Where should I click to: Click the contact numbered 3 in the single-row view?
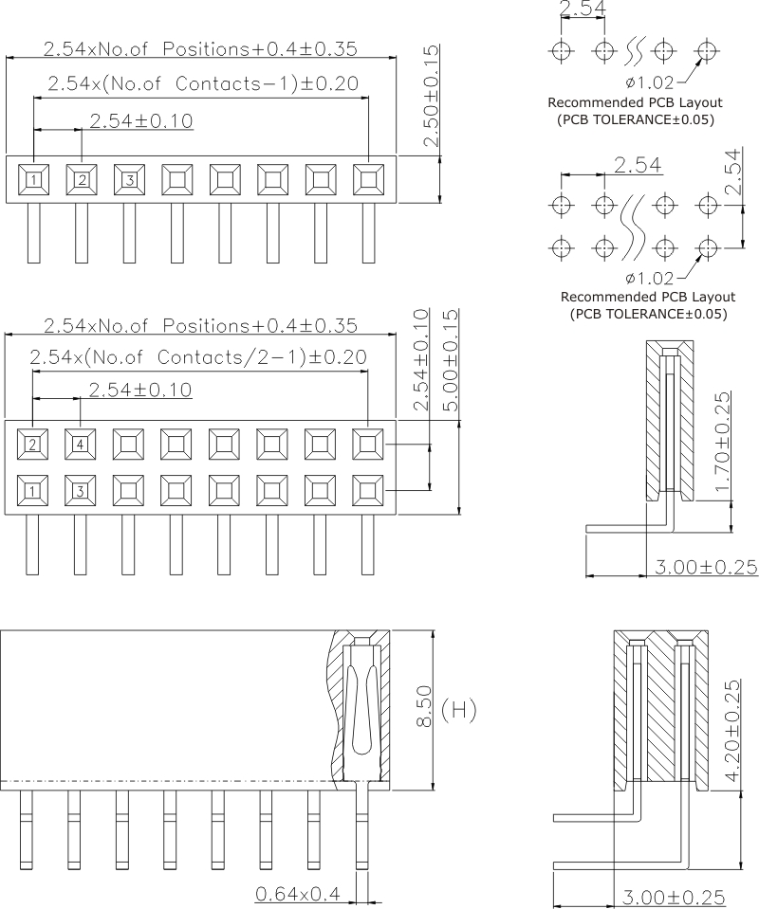[129, 178]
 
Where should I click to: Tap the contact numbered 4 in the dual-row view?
[81, 443]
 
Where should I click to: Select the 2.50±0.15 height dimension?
[432, 96]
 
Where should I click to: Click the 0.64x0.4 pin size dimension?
[296, 893]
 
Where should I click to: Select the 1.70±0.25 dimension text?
[722, 441]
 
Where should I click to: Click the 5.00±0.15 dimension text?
[451, 360]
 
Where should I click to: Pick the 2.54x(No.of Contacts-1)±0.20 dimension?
[202, 83]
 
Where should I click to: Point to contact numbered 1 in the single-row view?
[33, 178]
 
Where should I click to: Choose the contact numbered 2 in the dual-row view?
[33, 443]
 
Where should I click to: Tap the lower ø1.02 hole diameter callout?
[650, 278]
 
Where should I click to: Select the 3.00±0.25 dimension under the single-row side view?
[706, 567]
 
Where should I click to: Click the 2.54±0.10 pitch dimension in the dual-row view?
[139, 390]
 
